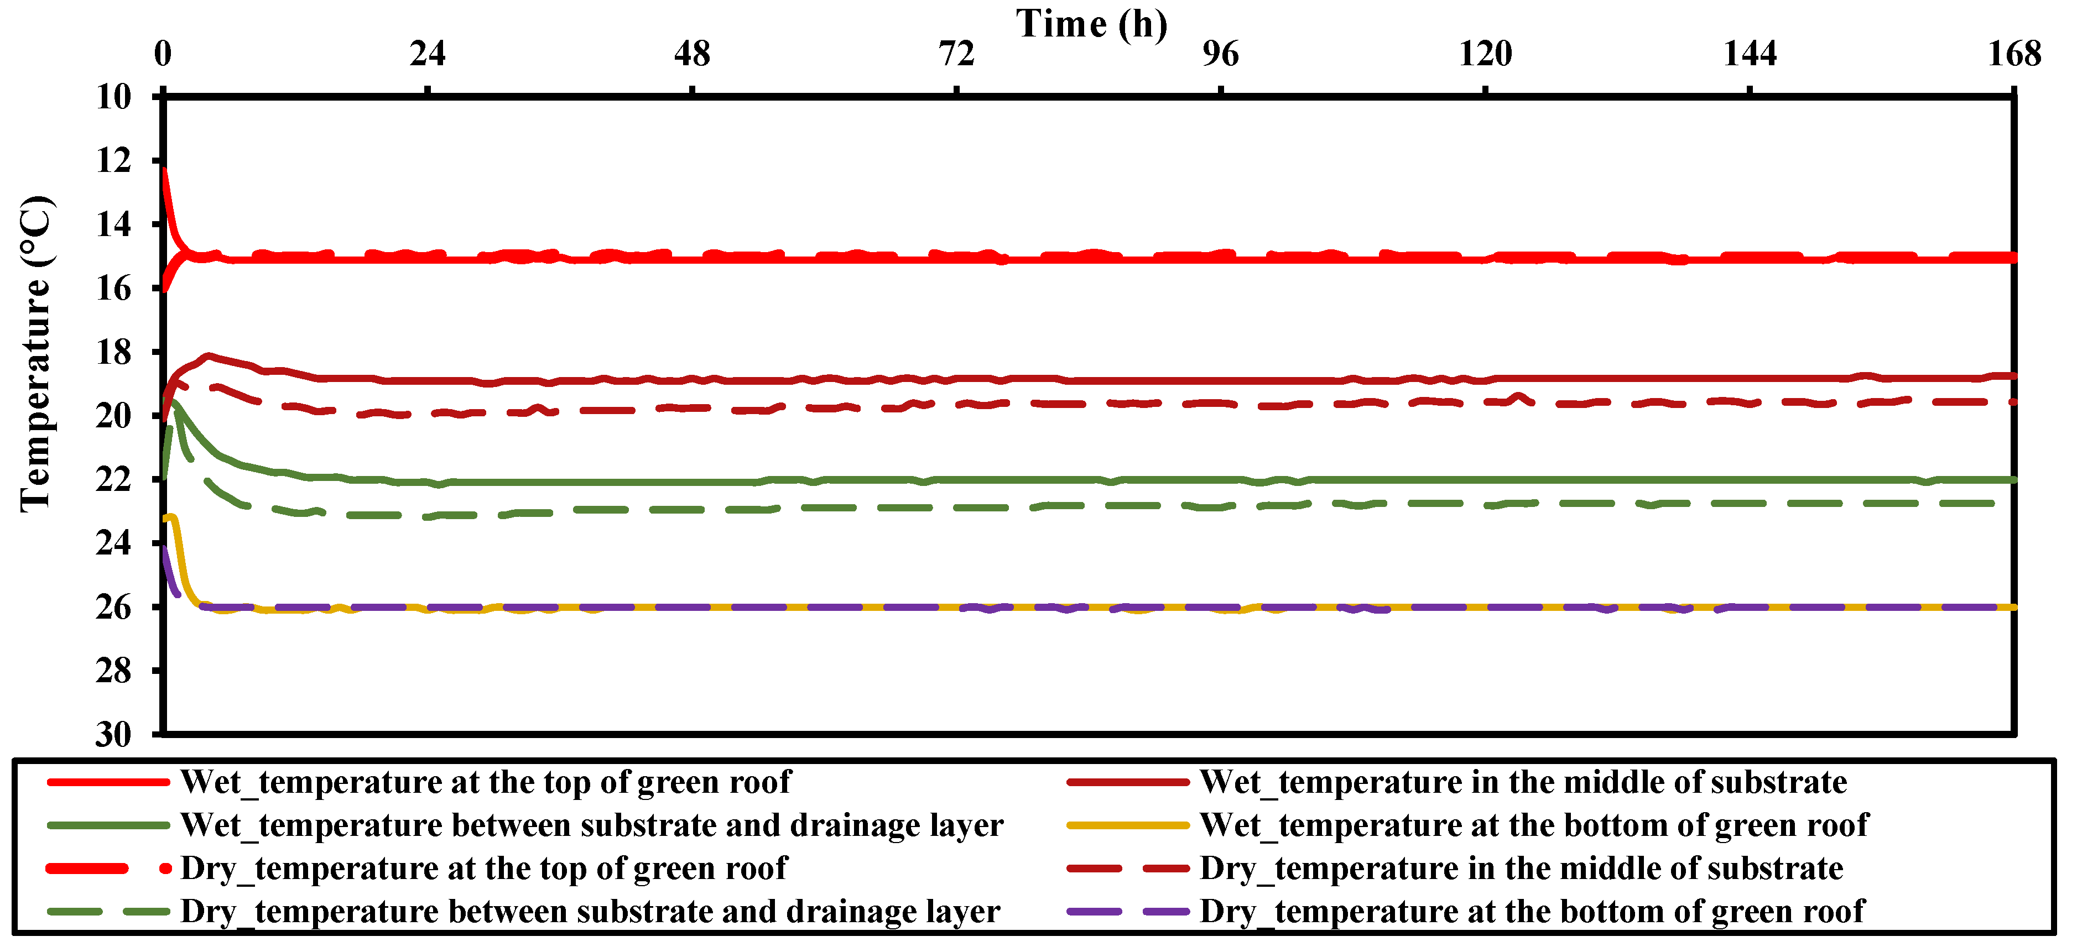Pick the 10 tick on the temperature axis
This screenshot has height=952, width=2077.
pos(114,97)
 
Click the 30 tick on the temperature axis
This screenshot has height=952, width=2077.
pos(114,734)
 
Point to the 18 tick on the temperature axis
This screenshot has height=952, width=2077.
pos(114,352)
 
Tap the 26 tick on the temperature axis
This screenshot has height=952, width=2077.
pos(114,607)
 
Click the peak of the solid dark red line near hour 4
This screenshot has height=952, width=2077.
pos(208,355)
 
